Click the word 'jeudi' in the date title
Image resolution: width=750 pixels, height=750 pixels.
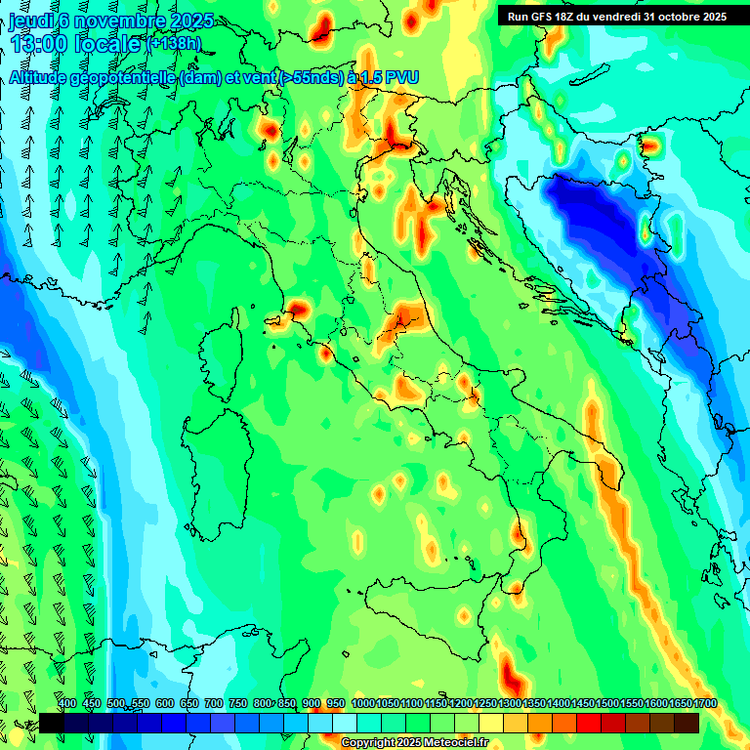coord(30,21)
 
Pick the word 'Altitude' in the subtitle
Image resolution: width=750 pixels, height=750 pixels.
coord(44,77)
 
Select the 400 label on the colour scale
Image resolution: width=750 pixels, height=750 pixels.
coord(67,703)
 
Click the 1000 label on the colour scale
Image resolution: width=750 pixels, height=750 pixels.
coord(363,703)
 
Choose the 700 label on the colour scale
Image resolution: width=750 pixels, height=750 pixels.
coord(213,703)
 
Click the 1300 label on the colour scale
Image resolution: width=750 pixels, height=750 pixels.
coord(510,703)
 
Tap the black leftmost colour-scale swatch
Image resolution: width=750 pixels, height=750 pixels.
coord(52,723)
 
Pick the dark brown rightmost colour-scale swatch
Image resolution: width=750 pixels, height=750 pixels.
coord(687,723)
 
